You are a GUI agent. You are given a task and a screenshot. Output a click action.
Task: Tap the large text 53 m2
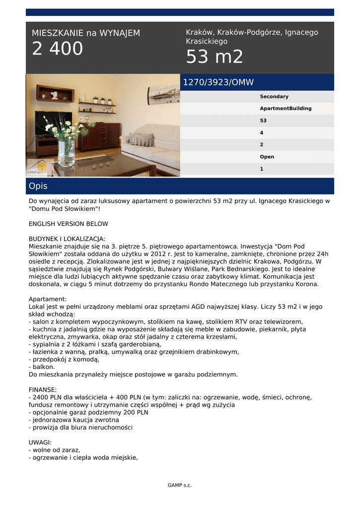pos(215,58)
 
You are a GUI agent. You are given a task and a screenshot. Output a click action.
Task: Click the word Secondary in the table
pos(274,97)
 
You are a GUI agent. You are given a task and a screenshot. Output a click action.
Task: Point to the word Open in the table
pos(267,157)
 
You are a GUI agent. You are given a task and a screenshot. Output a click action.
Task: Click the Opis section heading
pos(38,187)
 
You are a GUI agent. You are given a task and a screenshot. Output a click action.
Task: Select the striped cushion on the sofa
pos(141,139)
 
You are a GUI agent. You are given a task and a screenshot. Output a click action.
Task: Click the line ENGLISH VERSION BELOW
pos(68,224)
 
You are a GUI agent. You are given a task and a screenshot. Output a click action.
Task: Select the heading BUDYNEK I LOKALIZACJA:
pos(67,239)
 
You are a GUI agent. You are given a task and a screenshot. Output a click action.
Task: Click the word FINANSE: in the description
pos(43,390)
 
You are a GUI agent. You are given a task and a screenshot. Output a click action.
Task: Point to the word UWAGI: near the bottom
pos(40,443)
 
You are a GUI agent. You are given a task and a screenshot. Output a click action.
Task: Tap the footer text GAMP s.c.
pos(180,485)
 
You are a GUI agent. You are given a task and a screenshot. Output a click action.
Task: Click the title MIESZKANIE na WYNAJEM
pos(86,33)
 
